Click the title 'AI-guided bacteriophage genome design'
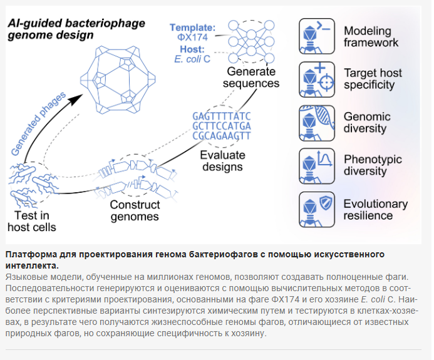(76, 29)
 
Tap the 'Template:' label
(192, 28)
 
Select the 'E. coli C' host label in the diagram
(192, 59)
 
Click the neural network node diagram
(251, 41)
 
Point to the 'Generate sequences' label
(251, 77)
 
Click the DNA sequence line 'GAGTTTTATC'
(222, 116)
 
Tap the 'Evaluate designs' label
(222, 161)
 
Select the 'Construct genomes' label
(135, 210)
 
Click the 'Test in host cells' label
(32, 222)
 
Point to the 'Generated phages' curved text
(38, 123)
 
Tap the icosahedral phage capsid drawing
(118, 80)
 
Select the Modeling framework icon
(317, 36)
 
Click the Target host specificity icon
(317, 80)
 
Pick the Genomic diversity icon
(317, 123)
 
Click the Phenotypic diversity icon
(317, 167)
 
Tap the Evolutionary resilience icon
(317, 210)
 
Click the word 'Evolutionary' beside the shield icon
(376, 204)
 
